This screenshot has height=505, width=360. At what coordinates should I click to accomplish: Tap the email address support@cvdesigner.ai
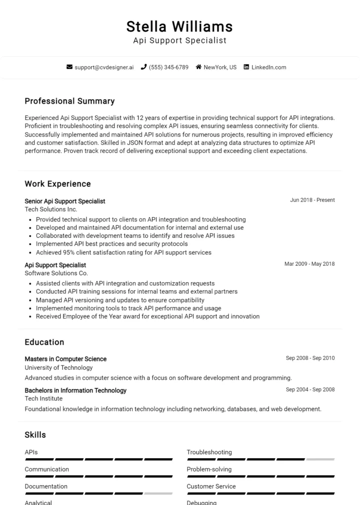(104, 67)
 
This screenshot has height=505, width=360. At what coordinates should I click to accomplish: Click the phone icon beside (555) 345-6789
(144, 67)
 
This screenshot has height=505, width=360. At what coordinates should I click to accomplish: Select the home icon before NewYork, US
(198, 67)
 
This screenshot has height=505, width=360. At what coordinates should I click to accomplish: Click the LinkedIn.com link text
(268, 67)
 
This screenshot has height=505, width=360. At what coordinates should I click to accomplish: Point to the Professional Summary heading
(70, 101)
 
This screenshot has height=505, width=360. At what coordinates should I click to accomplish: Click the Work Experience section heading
(58, 184)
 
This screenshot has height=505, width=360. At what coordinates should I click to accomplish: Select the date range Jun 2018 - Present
(312, 200)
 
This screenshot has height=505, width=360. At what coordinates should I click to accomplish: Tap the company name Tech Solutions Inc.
(51, 209)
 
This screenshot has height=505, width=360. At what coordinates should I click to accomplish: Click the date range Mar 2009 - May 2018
(309, 264)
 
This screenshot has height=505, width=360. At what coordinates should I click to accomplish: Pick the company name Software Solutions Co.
(56, 273)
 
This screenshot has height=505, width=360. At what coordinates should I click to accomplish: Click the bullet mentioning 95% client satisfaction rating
(123, 252)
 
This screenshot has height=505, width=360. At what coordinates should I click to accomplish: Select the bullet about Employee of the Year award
(147, 316)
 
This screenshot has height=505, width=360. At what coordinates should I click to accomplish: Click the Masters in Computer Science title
(66, 359)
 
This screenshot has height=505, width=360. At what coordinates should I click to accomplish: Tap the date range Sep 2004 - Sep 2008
(310, 390)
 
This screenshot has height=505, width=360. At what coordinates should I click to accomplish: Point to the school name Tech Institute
(43, 398)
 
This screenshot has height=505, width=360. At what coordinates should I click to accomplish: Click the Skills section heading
(35, 434)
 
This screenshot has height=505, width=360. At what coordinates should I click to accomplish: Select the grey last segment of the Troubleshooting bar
(320, 459)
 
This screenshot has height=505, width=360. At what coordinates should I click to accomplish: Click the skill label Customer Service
(211, 486)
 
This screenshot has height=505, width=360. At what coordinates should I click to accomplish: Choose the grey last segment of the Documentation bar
(158, 493)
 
